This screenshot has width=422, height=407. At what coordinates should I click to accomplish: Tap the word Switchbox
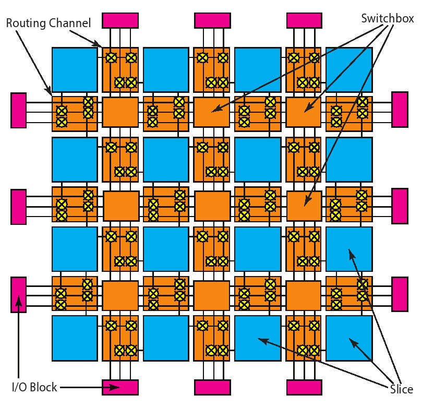(387, 18)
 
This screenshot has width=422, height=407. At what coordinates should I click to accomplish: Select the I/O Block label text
(34, 388)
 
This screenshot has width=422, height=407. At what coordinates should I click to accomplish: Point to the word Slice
(401, 389)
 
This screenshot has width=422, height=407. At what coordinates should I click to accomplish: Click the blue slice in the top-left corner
(75, 69)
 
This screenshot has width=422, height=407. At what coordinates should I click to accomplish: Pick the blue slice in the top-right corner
(349, 69)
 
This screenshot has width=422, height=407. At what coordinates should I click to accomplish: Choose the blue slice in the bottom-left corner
(75, 338)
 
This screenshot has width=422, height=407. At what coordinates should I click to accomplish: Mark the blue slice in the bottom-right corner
(349, 338)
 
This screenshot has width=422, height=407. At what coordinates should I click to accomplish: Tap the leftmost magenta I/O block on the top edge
(120, 20)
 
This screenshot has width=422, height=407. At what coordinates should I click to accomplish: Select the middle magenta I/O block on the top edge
(212, 20)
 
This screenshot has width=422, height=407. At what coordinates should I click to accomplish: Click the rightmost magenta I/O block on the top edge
(305, 20)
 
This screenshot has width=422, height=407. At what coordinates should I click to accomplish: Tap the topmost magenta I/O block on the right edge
(400, 110)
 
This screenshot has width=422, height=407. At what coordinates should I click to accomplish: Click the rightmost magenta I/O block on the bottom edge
(305, 387)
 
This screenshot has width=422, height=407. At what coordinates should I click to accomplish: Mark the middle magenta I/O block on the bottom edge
(212, 387)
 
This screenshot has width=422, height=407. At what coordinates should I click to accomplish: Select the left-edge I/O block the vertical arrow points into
(18, 295)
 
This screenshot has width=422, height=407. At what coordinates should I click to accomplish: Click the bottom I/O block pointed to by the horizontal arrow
(120, 387)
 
